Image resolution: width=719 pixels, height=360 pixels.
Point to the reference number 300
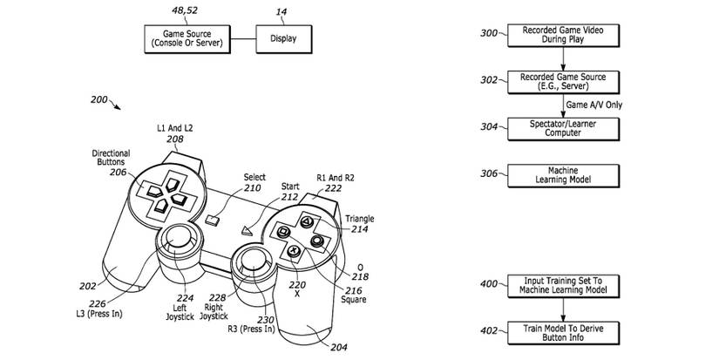(x=489, y=33)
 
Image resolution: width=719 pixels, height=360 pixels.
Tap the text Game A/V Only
(x=594, y=104)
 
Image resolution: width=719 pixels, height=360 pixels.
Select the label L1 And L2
(x=174, y=128)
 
